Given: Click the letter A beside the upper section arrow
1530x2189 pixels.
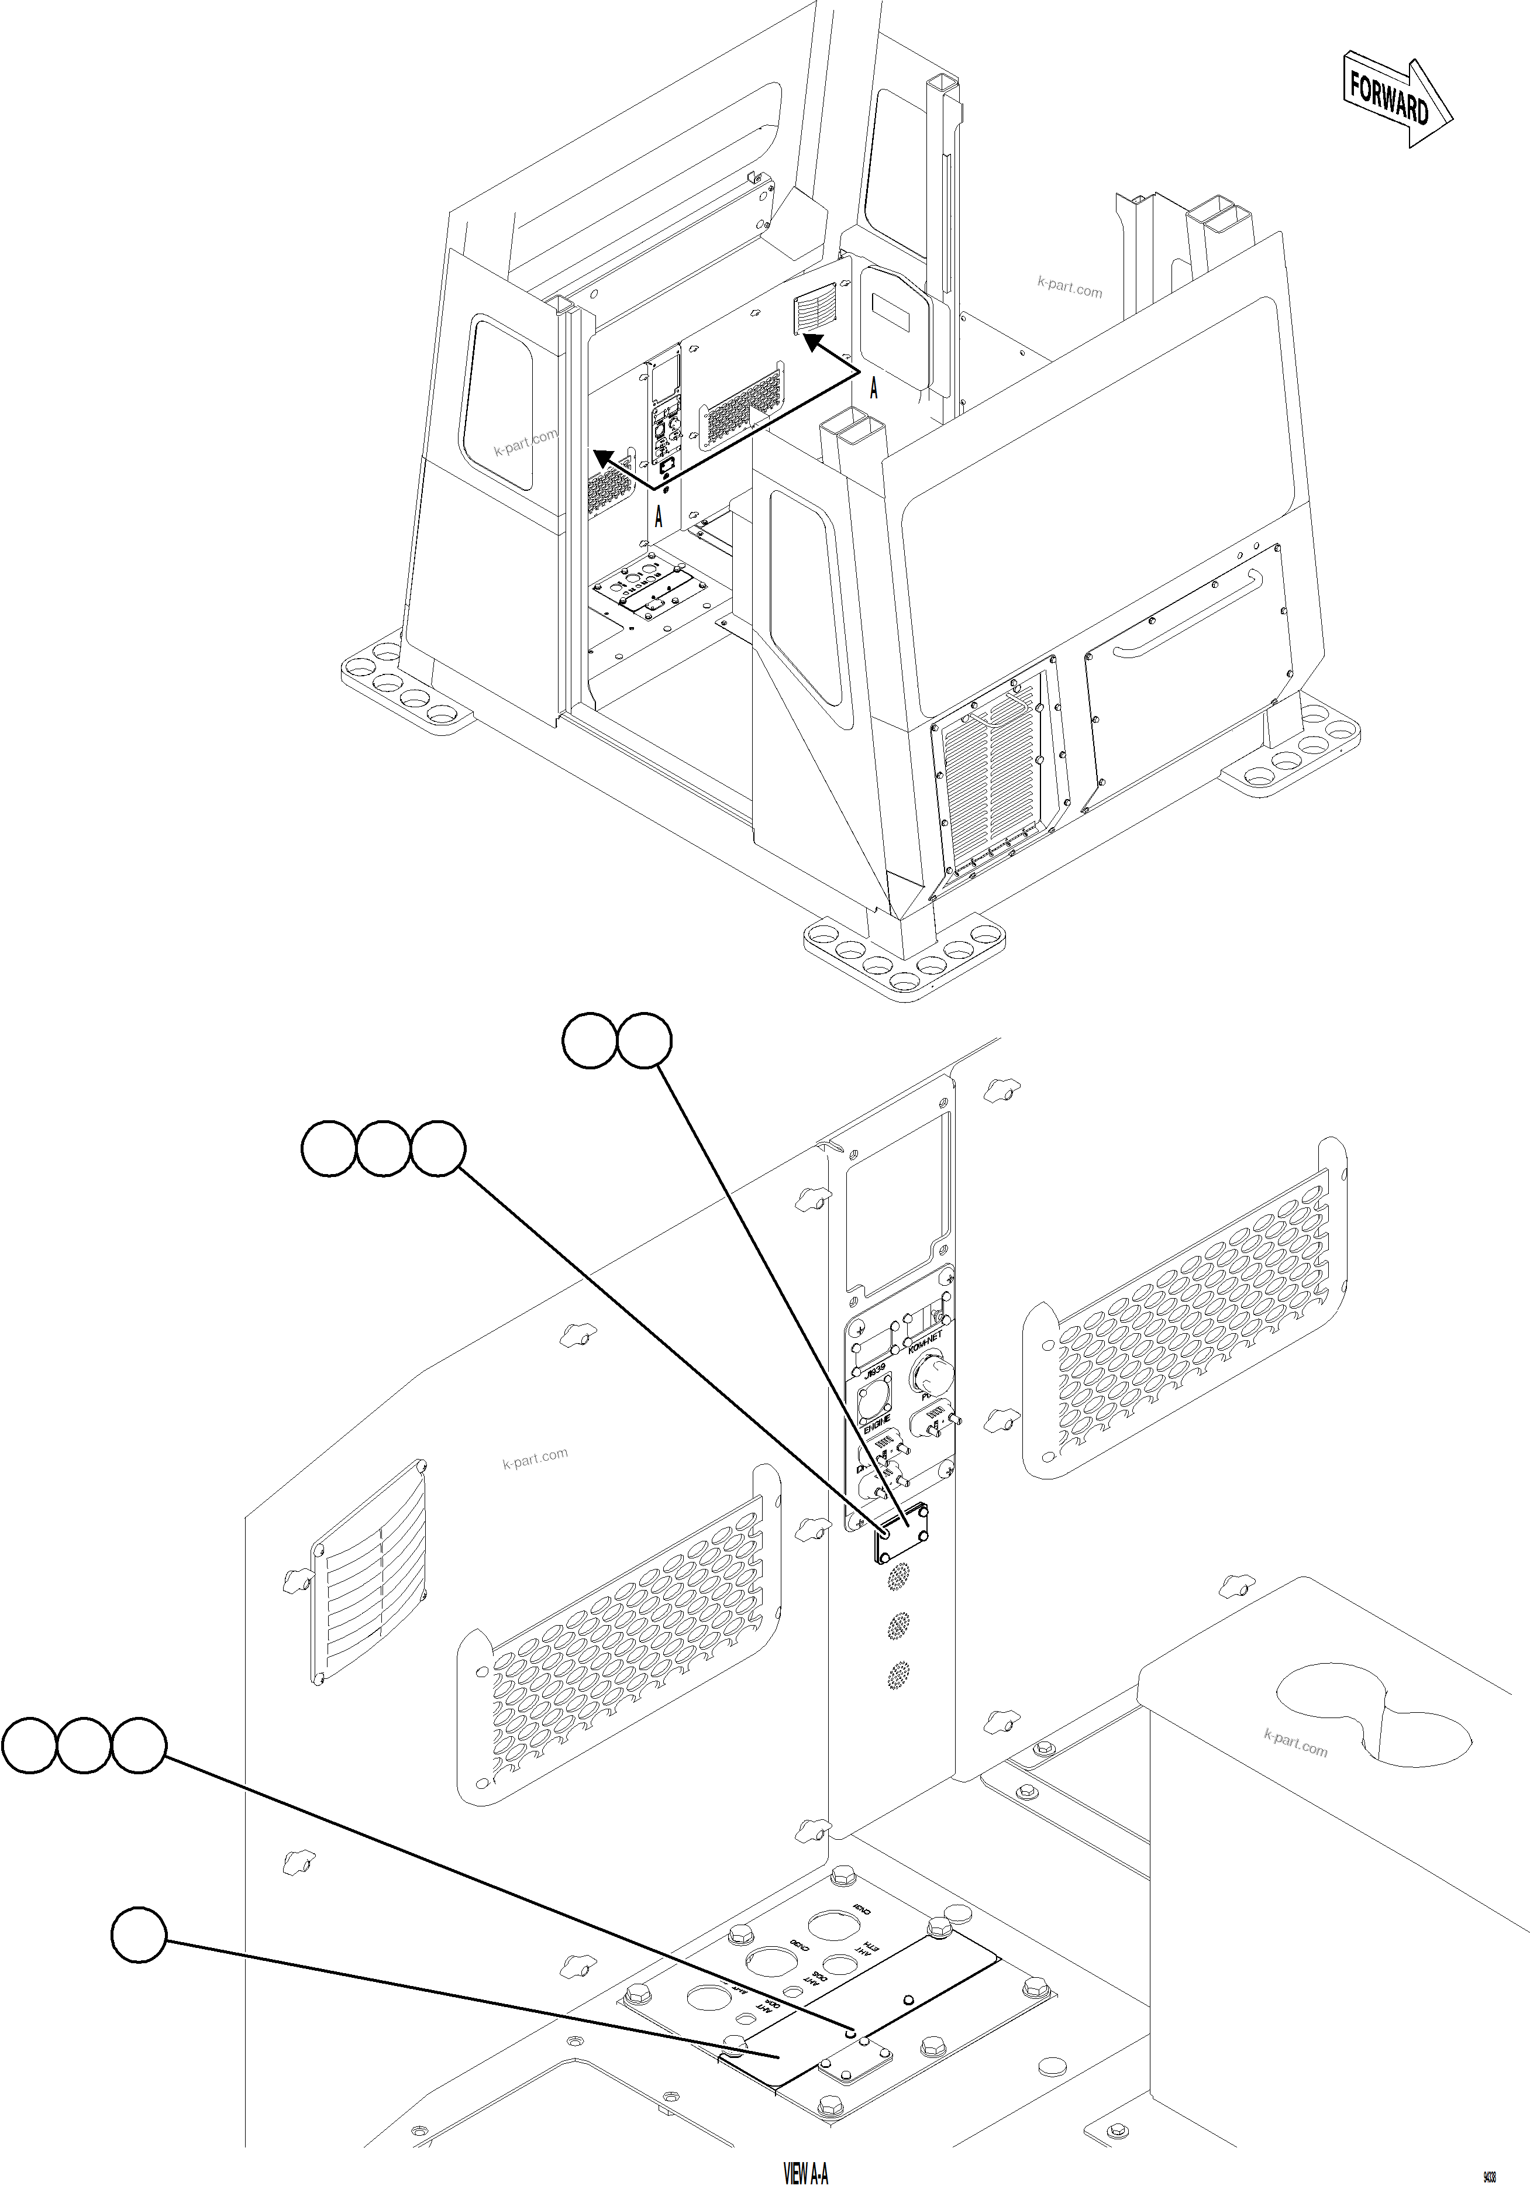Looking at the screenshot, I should tap(873, 388).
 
